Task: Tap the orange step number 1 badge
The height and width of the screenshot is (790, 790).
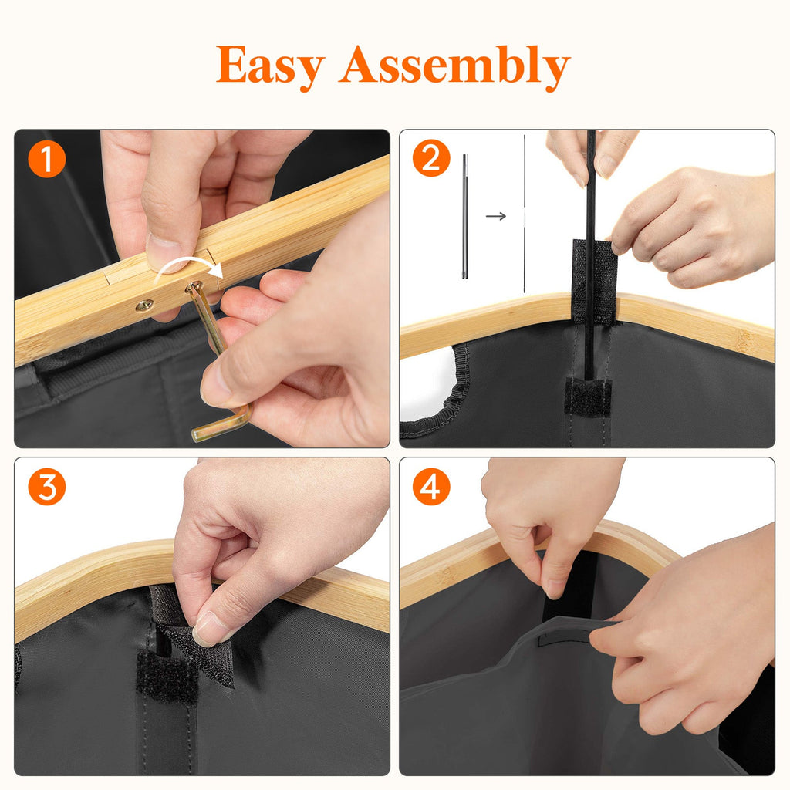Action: [x=47, y=159]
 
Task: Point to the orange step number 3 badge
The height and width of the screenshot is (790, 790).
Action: [x=47, y=487]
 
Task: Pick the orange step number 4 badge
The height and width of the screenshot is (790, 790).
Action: [x=431, y=487]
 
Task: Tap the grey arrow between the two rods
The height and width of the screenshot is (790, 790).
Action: [x=496, y=216]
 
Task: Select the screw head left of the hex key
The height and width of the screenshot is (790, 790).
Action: [x=144, y=305]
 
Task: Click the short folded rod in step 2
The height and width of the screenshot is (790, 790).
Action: [x=465, y=216]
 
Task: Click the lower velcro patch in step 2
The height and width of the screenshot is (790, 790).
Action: [x=587, y=396]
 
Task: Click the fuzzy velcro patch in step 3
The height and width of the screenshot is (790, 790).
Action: [x=167, y=677]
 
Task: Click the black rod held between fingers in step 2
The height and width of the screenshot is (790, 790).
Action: [x=590, y=252]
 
